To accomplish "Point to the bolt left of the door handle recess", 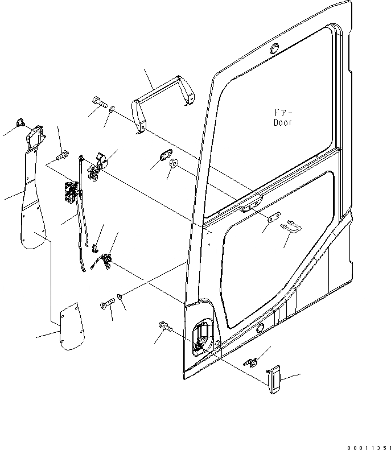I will coord(164,327).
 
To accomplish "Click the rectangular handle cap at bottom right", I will coord(275,379).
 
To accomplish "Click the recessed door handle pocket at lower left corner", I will coord(202,338).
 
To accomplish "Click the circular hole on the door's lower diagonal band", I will coord(260,328).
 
